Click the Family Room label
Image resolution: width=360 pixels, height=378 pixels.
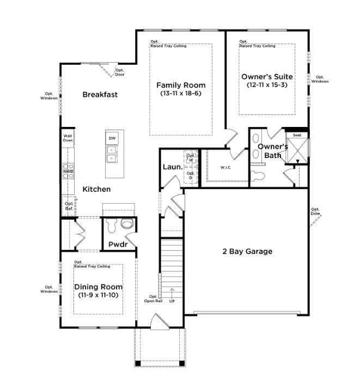coord(181,85)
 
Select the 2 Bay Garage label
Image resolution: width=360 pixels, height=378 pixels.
coord(247,251)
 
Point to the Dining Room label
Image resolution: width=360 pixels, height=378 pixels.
coord(98,287)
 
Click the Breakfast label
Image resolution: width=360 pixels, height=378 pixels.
coord(100,94)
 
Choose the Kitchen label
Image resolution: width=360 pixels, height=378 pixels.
coord(96,189)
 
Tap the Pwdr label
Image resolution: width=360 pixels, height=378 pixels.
coord(118,245)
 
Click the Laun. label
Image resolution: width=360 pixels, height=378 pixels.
coord(173,167)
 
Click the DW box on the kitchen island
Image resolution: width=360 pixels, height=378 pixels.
coord(112,138)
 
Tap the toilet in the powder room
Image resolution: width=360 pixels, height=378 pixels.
coord(127,224)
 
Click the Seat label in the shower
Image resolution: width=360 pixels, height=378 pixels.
coord(297,135)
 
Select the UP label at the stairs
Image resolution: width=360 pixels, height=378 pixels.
coord(173,300)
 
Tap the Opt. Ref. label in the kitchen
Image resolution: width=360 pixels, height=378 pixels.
coord(69,206)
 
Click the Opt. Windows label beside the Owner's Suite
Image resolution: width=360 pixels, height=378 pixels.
coord(320,80)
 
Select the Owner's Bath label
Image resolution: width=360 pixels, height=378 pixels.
coord(272,151)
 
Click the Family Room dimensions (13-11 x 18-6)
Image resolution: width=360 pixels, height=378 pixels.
coord(181,94)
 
